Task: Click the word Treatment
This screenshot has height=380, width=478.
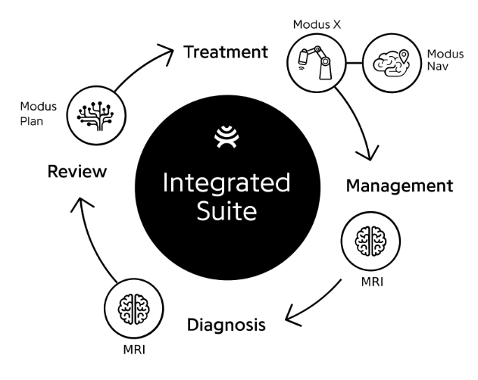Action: pyautogui.click(x=226, y=51)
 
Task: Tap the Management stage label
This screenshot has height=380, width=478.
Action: pyautogui.click(x=400, y=186)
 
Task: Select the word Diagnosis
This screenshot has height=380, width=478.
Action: pyautogui.click(x=227, y=325)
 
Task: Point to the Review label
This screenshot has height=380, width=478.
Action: pyautogui.click(x=77, y=171)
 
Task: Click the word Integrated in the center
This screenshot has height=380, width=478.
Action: pyautogui.click(x=227, y=184)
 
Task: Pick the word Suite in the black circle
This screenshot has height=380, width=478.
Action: pyautogui.click(x=227, y=210)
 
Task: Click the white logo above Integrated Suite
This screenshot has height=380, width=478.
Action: pyautogui.click(x=227, y=136)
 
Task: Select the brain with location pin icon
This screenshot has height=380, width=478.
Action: pyautogui.click(x=392, y=63)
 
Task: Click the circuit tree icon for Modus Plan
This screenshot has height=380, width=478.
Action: pyautogui.click(x=95, y=116)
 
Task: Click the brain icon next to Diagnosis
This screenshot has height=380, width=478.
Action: pyautogui.click(x=134, y=309)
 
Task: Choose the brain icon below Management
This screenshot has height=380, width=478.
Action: pyautogui.click(x=370, y=241)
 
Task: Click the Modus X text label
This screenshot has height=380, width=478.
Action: pyautogui.click(x=317, y=25)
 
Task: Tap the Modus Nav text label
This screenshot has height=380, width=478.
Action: pyautogui.click(x=445, y=60)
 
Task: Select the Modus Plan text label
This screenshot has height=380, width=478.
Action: pyautogui.click(x=39, y=114)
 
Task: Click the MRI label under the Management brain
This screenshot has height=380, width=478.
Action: pyautogui.click(x=372, y=282)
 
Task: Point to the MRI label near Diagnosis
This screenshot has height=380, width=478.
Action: pyautogui.click(x=134, y=350)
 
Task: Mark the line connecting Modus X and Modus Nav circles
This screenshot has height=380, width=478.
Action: pyautogui.click(x=355, y=63)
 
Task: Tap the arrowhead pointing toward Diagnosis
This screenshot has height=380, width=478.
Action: pyautogui.click(x=291, y=317)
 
